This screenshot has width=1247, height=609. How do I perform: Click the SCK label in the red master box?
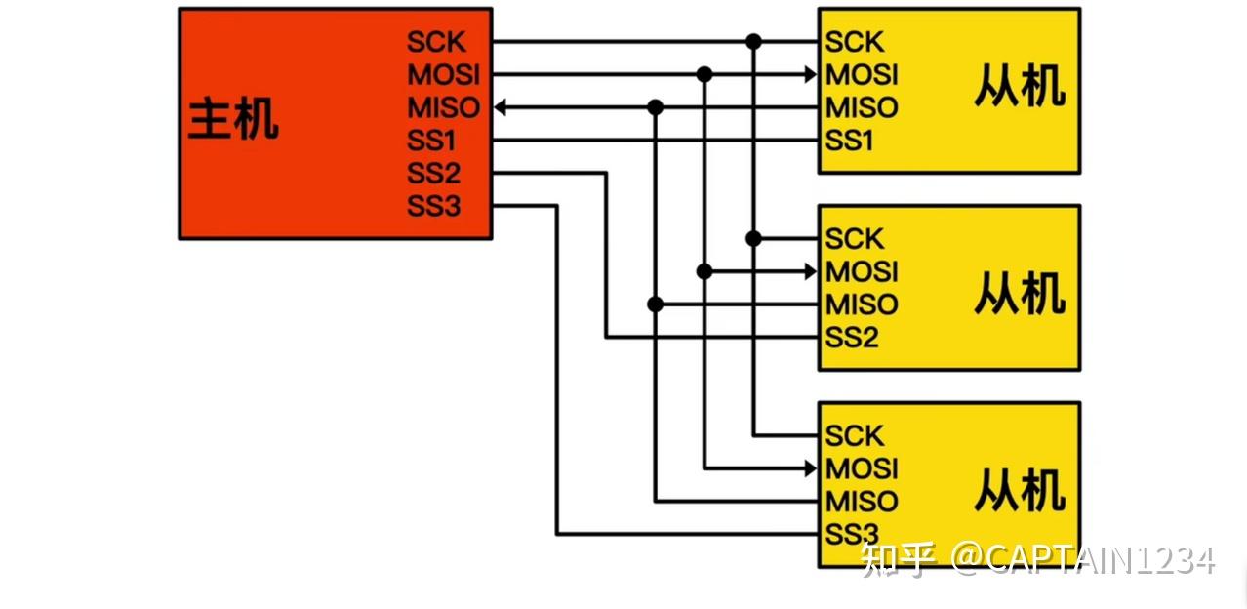[436, 42]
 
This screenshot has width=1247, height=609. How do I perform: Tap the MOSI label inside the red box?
[444, 75]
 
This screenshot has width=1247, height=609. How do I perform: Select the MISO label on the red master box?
[444, 107]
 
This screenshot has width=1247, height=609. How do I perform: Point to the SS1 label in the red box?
[433, 141]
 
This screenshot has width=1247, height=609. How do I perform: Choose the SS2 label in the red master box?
[433, 174]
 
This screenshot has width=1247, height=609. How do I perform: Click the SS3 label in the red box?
[433, 207]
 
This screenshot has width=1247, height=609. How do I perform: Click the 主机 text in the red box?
[233, 120]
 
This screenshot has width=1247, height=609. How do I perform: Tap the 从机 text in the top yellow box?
[1019, 90]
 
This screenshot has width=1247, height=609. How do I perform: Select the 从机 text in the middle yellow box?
[1019, 293]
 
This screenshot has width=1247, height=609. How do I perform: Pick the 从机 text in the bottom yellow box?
[1019, 491]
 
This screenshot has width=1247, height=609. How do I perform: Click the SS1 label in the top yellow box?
[850, 141]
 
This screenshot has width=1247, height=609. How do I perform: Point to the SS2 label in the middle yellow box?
[852, 338]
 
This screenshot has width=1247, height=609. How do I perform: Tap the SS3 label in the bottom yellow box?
[852, 534]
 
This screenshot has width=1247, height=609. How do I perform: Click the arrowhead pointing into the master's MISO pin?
[501, 107]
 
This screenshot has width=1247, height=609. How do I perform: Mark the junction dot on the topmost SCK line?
[753, 42]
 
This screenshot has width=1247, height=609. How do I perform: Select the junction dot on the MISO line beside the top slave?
[656, 107]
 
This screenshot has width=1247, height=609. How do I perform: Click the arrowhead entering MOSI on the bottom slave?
[810, 468]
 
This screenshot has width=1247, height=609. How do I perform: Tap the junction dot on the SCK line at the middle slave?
[753, 238]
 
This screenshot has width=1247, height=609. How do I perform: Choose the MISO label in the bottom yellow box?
[862, 502]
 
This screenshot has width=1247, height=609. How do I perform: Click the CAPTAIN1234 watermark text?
[1100, 560]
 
